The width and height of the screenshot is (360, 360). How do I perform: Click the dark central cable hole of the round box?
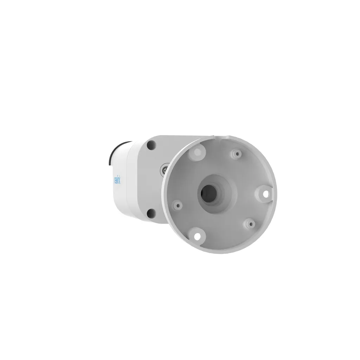(210, 192)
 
